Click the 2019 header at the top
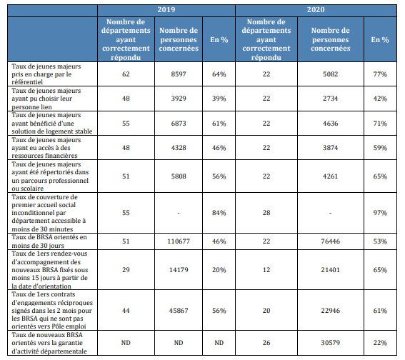tap(166, 10)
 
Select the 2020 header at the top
tap(316, 10)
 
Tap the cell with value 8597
tap(179, 74)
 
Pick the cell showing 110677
tap(179, 241)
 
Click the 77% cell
tap(380, 74)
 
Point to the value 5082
tap(330, 74)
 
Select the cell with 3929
tap(179, 99)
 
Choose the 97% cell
tap(380, 213)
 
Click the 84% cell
tap(219, 213)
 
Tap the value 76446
tap(330, 241)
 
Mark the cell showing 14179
tap(179, 270)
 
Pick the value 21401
tap(330, 270)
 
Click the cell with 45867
tap(179, 311)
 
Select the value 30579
tap(330, 343)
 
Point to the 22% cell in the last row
tap(380, 343)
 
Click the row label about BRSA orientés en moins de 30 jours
tap(49, 241)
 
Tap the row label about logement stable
tap(52, 123)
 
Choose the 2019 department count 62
tap(126, 74)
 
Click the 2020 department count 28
tap(266, 213)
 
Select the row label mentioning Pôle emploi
tap(52, 310)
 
